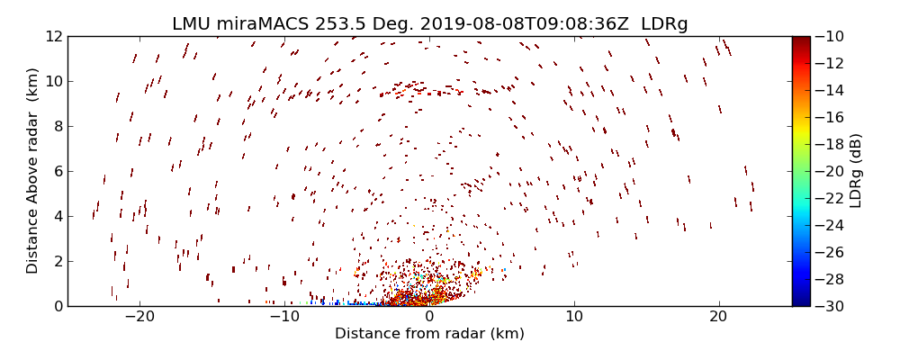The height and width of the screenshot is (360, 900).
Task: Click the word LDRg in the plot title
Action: point(664,24)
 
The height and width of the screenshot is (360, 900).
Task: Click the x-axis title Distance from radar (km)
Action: point(429,334)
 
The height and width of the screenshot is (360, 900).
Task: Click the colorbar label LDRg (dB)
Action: point(856,171)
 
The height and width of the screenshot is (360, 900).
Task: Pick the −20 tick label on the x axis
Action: point(139,317)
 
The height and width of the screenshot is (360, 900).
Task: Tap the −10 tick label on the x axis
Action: point(284,317)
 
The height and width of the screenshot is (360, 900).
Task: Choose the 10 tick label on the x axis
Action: point(574,317)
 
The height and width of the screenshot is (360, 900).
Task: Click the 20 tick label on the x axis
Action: point(718,317)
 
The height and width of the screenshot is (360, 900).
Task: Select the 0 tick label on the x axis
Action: point(429,317)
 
